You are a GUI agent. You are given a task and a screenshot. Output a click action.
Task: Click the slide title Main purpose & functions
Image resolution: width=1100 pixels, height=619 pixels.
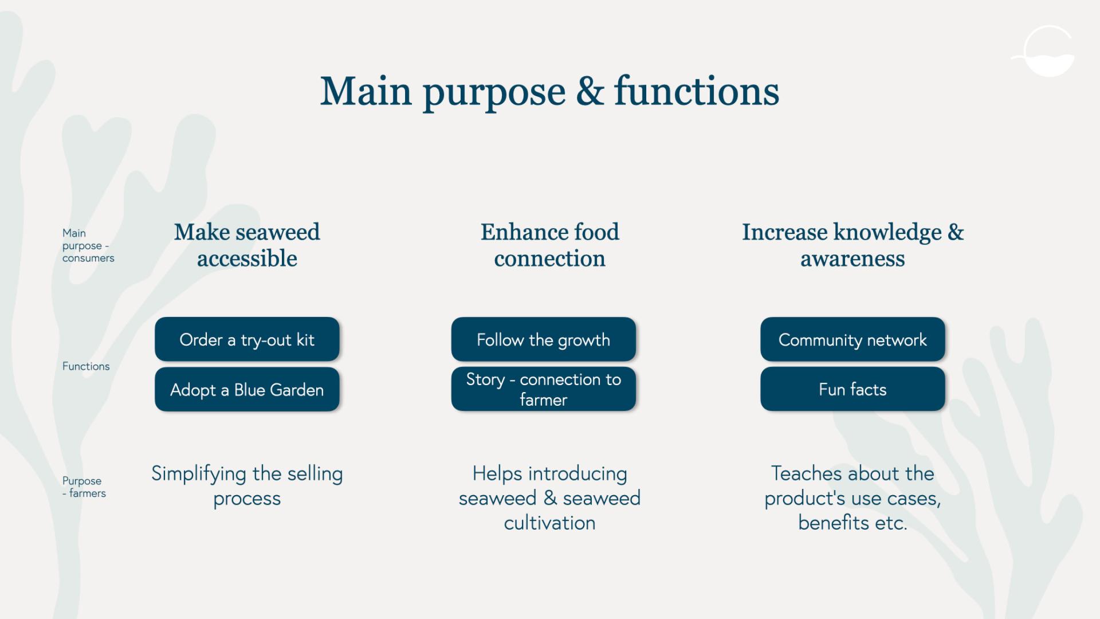coord(549,92)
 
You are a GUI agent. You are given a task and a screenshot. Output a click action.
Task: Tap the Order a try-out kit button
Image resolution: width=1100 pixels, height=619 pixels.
coord(247,339)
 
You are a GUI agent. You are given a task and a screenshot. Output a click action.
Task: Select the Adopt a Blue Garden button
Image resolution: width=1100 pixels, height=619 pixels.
coord(247,389)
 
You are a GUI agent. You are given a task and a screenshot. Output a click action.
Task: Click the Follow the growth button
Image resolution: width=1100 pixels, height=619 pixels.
coord(544,339)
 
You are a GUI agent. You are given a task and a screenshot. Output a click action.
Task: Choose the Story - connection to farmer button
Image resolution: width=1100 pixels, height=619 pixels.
coord(544,389)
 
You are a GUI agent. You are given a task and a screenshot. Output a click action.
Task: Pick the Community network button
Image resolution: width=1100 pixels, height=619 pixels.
coord(852,339)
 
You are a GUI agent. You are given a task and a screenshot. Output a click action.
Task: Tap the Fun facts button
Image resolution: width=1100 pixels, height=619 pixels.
coord(852,389)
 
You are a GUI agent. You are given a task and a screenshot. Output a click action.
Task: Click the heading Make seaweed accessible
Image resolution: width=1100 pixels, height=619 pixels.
coord(247,245)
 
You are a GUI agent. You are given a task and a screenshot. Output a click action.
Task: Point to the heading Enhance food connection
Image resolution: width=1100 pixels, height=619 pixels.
coord(550,245)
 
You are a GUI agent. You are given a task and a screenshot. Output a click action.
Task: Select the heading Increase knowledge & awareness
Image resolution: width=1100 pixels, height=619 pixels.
coord(852,245)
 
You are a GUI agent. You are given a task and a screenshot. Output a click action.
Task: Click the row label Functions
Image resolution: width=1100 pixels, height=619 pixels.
coord(86,366)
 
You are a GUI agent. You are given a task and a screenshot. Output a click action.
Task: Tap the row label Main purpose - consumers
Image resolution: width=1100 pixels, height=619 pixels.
coord(88,245)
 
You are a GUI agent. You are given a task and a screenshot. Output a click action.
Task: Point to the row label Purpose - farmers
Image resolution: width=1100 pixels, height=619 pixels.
coord(84,487)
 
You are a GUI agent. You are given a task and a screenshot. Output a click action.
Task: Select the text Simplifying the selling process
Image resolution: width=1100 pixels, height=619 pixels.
coord(247,486)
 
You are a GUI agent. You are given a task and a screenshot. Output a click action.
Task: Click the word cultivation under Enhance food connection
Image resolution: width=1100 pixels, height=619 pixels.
coord(550,523)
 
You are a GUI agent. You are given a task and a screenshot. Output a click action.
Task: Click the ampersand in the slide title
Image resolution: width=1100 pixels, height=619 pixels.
coord(590,91)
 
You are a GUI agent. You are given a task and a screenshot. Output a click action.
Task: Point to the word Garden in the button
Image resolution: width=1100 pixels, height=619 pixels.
coord(297,390)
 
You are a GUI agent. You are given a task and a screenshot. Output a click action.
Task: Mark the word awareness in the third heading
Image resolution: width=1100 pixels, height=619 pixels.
coord(852,259)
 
